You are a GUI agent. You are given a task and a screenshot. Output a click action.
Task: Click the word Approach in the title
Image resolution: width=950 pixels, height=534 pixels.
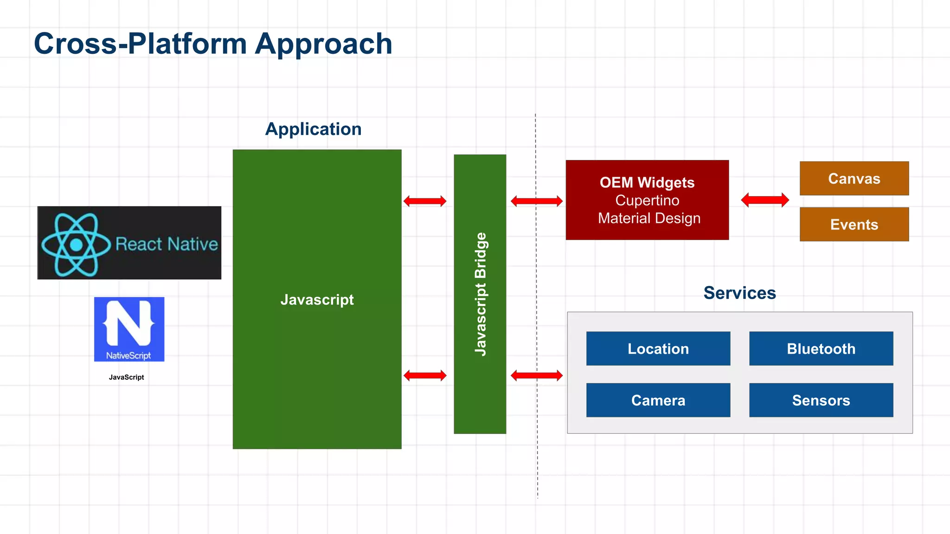pos(323,44)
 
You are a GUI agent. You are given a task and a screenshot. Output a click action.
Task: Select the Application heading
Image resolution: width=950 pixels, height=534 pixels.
pos(313,129)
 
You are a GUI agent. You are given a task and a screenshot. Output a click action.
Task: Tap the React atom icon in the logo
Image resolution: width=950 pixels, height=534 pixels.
pos(76,244)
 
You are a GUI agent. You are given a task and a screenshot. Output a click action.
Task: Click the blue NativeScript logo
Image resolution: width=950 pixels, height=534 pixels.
pos(129,329)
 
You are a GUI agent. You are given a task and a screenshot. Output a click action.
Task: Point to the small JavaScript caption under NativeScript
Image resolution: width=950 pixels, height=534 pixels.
pos(126,377)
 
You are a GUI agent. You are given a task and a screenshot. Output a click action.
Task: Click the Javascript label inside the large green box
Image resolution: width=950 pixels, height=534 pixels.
pos(317,299)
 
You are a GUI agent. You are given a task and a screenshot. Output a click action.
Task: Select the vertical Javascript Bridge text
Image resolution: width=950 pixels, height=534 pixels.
pos(481,294)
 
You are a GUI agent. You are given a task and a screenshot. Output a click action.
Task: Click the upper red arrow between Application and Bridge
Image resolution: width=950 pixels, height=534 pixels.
pos(425,201)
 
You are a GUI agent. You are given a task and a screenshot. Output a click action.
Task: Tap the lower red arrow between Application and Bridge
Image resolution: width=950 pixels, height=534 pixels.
pos(425,375)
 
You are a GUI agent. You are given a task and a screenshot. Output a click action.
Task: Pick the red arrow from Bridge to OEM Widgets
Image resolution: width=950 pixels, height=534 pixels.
pos(537,201)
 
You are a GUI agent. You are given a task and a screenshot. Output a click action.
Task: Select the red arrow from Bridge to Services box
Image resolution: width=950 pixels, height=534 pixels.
pos(537,375)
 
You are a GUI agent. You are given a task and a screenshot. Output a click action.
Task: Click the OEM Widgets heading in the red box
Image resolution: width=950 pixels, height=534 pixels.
pos(647,183)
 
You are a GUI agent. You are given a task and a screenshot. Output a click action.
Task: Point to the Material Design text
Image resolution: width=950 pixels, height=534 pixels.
pos(649,218)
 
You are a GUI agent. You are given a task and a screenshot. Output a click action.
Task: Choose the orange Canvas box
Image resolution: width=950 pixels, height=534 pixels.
pos(854,178)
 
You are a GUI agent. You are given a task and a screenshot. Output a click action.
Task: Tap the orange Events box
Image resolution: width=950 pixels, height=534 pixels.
pos(854,224)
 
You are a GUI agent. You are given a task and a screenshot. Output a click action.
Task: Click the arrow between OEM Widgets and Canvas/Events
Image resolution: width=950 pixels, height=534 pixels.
pos(765,200)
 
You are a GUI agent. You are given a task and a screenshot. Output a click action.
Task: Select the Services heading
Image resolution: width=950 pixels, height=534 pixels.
pos(739,293)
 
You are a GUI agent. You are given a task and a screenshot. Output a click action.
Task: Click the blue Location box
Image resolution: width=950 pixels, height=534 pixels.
pos(658,349)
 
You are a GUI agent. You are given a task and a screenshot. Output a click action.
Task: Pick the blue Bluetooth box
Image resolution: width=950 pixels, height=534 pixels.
pos(821,349)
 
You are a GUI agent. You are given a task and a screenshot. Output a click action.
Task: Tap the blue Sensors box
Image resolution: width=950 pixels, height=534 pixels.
pos(821,400)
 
